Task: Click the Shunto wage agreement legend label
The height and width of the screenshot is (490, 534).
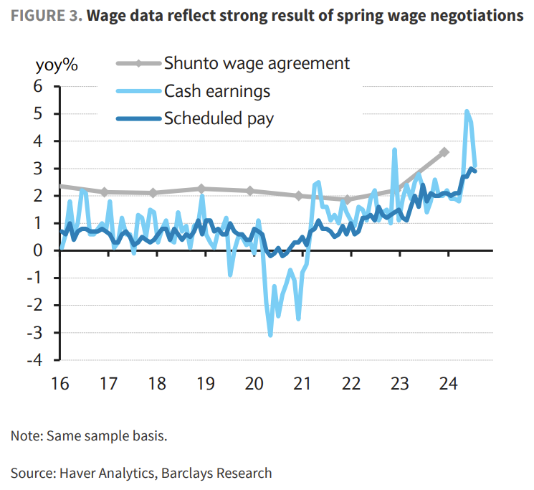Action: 257,63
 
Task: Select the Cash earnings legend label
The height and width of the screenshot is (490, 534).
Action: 216,91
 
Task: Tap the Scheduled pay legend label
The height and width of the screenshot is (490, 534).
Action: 219,118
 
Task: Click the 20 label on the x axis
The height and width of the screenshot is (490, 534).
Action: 254,383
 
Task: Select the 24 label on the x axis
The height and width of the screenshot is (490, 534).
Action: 447,383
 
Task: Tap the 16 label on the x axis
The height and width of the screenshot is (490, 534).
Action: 60,383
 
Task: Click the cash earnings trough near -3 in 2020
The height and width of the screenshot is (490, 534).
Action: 270,335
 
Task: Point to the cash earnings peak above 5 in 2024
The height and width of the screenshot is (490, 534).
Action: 467,111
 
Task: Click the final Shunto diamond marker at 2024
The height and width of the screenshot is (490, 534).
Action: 444,152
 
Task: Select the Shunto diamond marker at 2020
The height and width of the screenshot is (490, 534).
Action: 250,191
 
